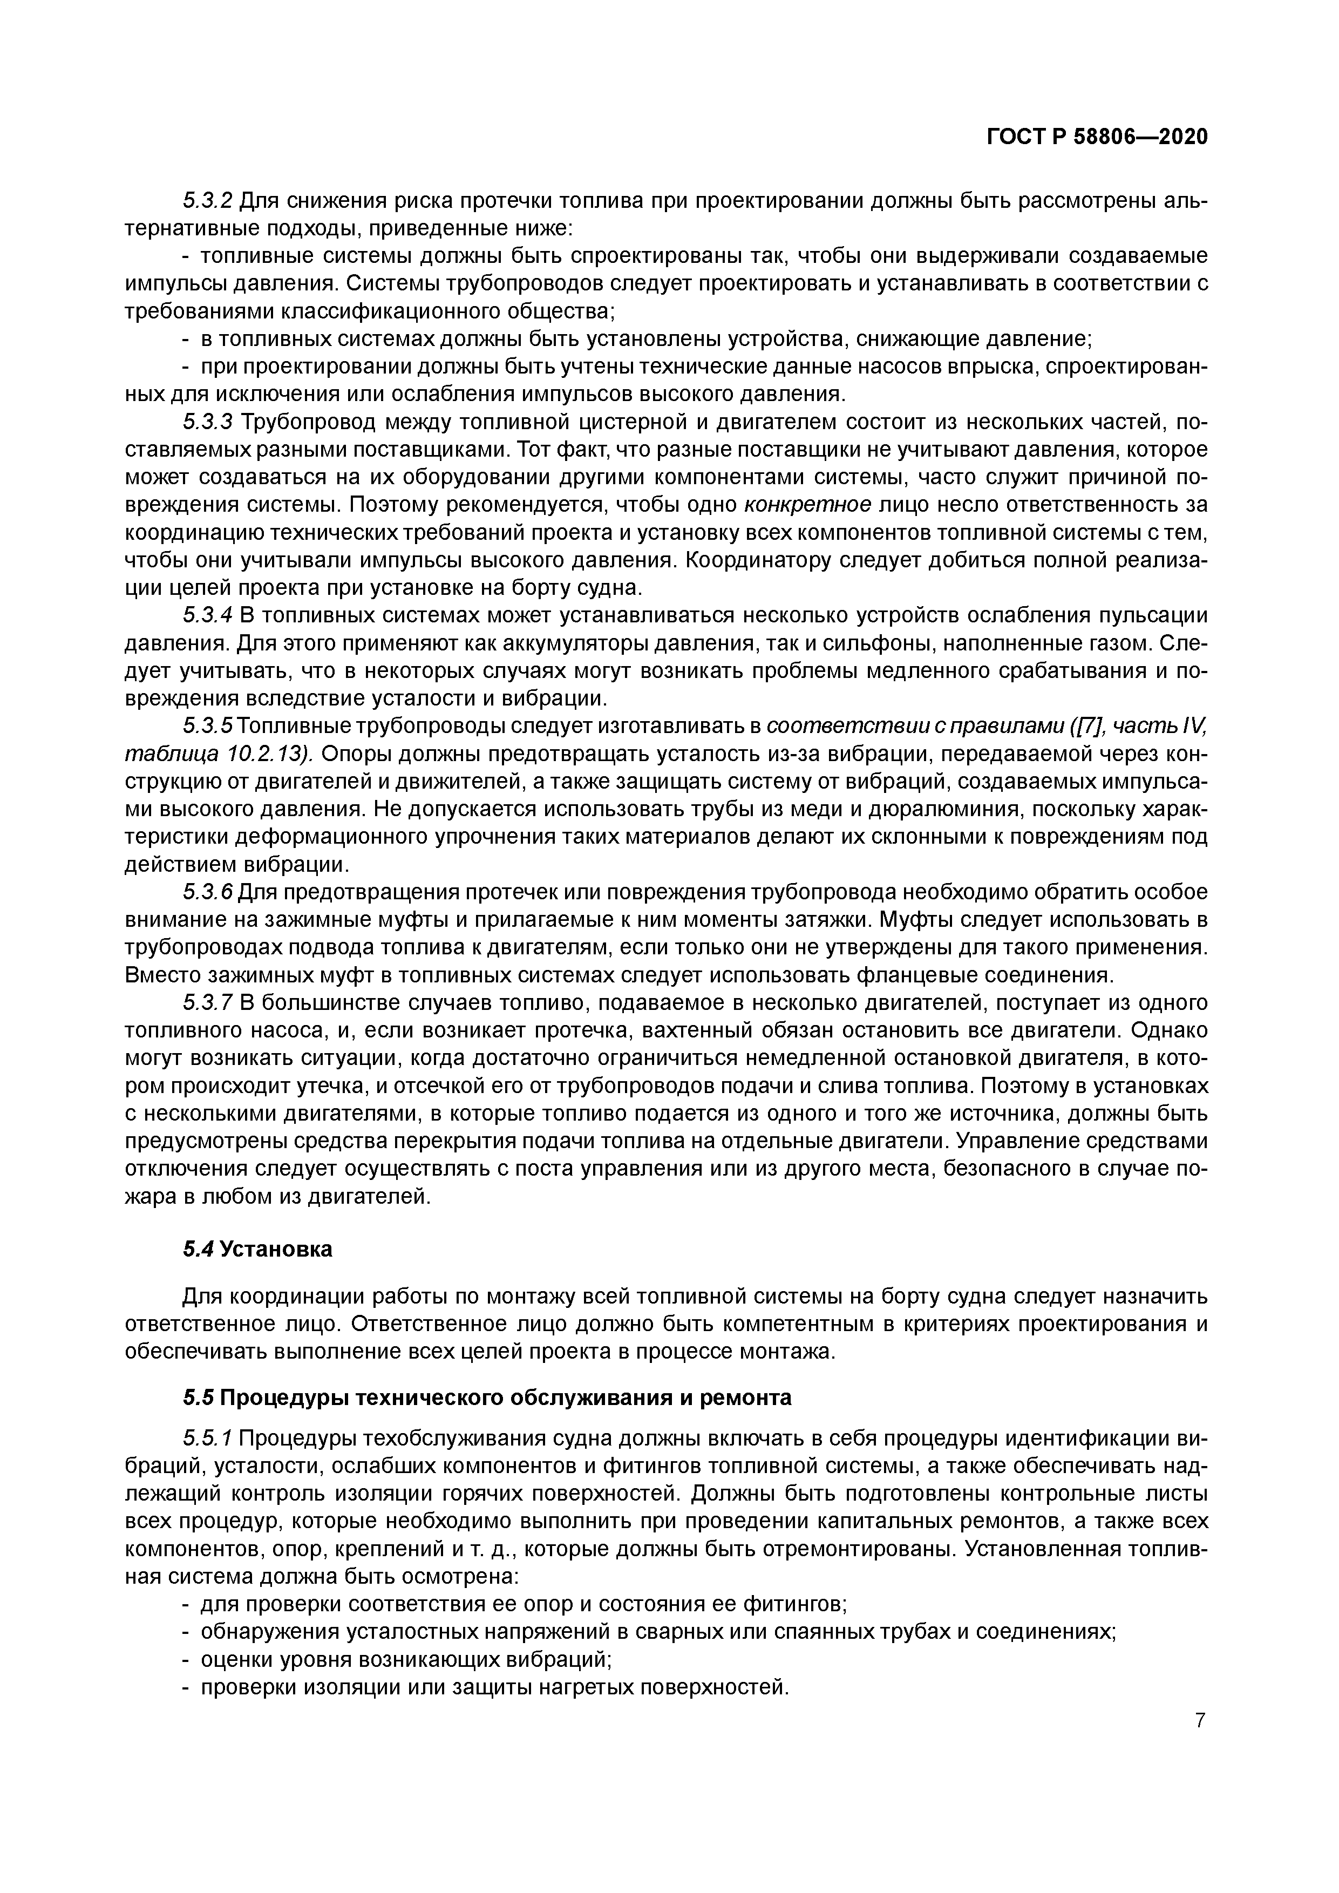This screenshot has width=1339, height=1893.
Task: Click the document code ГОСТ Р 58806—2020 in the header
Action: [x=1097, y=137]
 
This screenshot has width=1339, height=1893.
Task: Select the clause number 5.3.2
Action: [x=208, y=200]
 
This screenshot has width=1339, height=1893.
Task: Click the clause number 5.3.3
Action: [x=208, y=422]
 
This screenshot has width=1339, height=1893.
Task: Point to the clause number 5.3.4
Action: [x=208, y=615]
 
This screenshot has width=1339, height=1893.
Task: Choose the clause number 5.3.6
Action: [x=208, y=892]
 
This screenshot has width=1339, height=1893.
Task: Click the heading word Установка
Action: [x=276, y=1249]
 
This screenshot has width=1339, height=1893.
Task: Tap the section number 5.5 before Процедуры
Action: [x=198, y=1397]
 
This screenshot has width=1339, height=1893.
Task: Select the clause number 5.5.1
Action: [x=208, y=1439]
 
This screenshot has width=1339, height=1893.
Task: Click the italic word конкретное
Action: [x=808, y=505]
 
